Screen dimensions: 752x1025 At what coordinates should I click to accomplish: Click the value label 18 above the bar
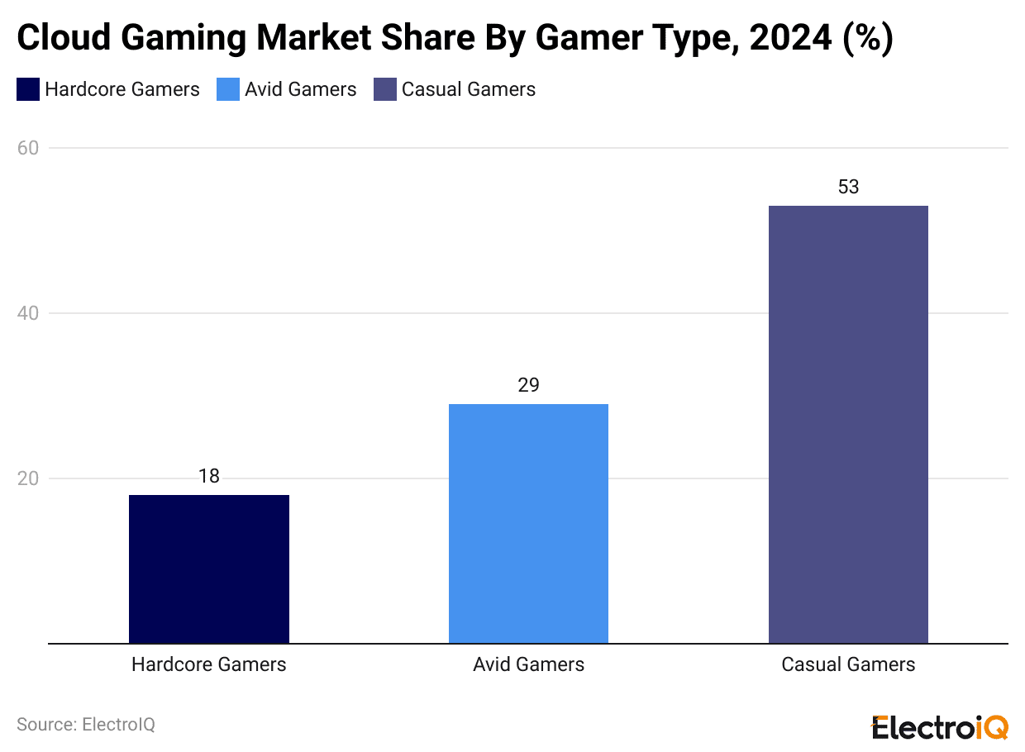point(209,476)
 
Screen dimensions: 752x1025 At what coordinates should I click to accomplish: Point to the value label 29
point(528,385)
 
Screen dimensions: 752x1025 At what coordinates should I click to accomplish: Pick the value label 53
point(848,187)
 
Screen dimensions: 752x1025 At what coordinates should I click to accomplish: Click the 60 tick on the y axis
point(27,148)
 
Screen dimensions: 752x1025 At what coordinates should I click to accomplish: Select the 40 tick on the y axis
point(27,313)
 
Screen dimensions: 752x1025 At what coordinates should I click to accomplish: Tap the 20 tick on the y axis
point(27,478)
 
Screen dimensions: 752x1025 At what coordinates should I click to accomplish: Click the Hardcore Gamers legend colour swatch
point(28,89)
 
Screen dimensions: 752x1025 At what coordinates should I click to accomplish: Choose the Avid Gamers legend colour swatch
point(228,89)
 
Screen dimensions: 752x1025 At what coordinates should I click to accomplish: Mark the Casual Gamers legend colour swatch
point(385,89)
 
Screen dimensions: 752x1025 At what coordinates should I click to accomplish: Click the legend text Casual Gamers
point(469,89)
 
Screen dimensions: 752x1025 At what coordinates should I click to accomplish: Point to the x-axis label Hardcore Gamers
point(209,664)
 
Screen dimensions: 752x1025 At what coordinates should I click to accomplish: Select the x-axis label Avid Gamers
point(528,664)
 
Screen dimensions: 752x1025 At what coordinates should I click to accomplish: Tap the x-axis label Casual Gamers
point(848,664)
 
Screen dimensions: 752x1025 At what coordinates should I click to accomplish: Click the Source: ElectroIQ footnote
point(86,725)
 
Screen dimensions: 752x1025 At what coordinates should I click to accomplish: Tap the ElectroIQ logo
point(940,727)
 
